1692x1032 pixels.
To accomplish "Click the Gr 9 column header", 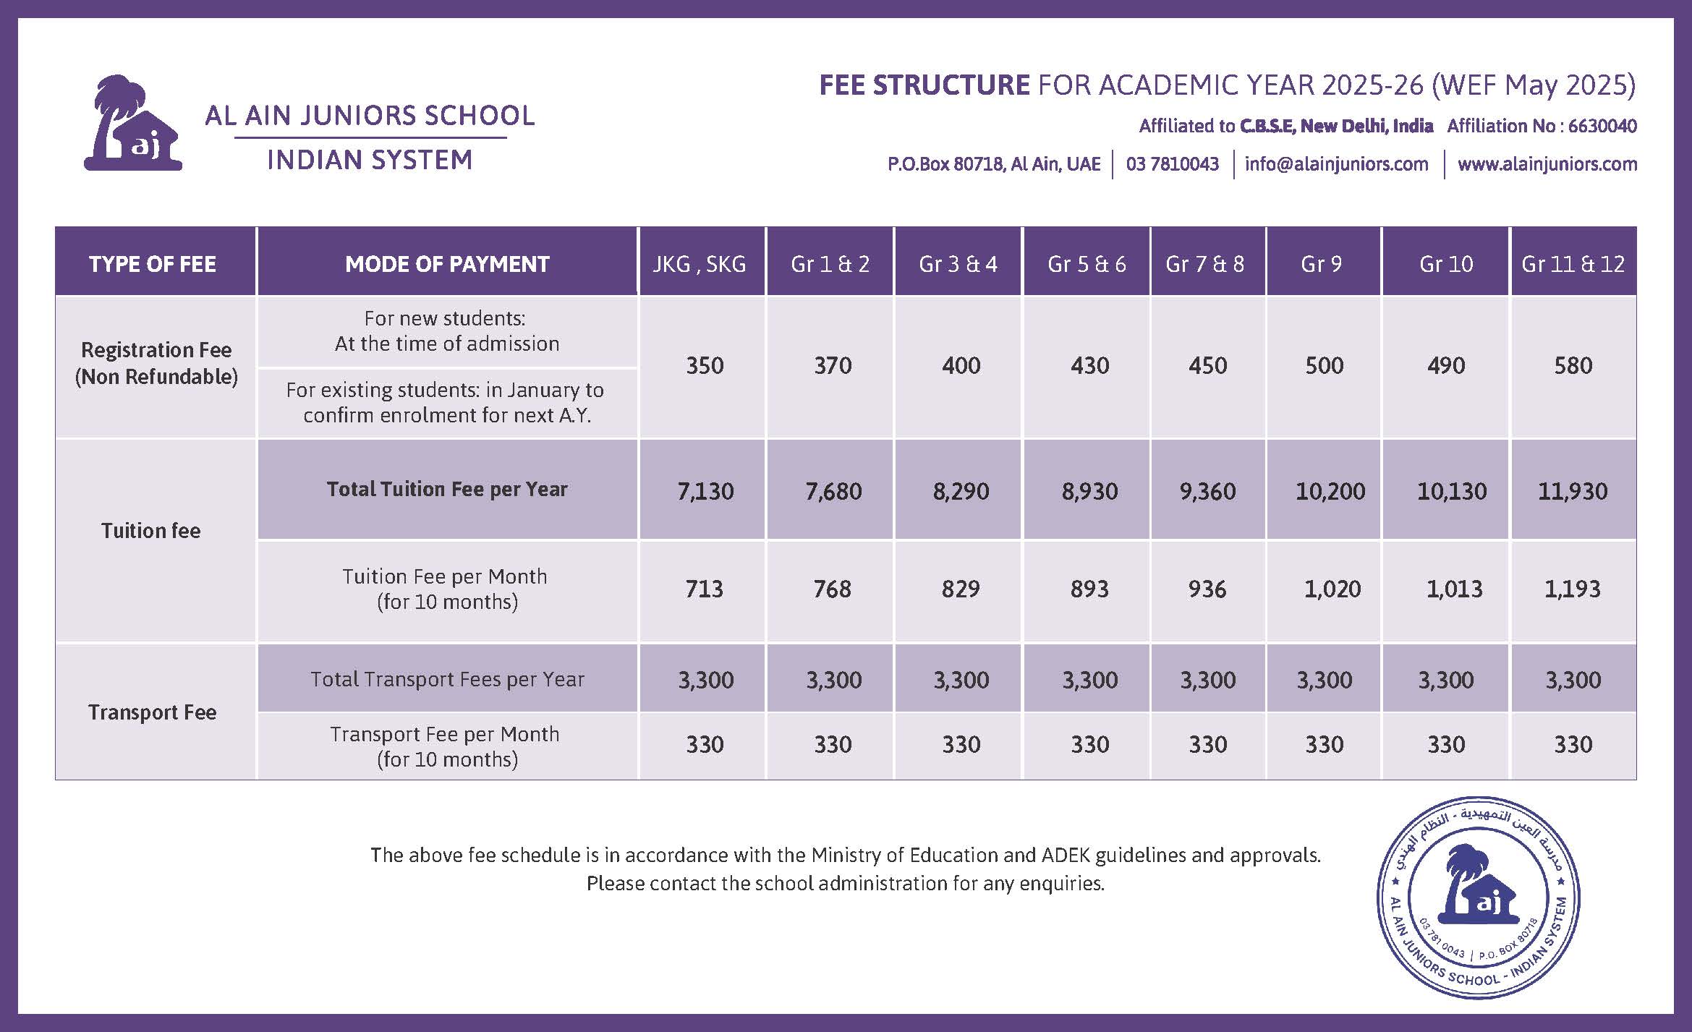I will click(x=1321, y=264).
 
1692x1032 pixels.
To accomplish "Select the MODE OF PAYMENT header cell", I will click(x=447, y=264).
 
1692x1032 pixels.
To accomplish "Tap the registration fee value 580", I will click(x=1573, y=365).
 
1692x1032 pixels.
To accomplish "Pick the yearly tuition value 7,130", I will click(x=705, y=491).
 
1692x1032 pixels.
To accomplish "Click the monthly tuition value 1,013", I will click(x=1454, y=589).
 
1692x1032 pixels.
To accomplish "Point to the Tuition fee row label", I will click(x=150, y=531).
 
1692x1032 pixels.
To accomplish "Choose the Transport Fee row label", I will click(x=153, y=712).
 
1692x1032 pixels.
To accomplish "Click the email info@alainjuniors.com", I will click(x=1336, y=164).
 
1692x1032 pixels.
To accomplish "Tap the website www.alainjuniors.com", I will click(x=1547, y=164).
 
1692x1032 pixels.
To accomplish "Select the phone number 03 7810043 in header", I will click(x=1172, y=164).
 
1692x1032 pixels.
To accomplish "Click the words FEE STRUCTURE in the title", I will click(x=924, y=85).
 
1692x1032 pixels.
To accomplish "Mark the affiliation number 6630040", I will click(x=1602, y=126).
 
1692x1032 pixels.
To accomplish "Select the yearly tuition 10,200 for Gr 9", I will click(x=1330, y=491).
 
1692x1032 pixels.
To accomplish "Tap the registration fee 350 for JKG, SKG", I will click(x=705, y=365).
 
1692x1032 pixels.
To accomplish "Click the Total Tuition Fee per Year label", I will click(x=447, y=490).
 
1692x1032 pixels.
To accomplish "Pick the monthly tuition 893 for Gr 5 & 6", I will click(x=1089, y=589).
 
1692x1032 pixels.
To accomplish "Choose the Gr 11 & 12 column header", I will click(x=1573, y=264).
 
